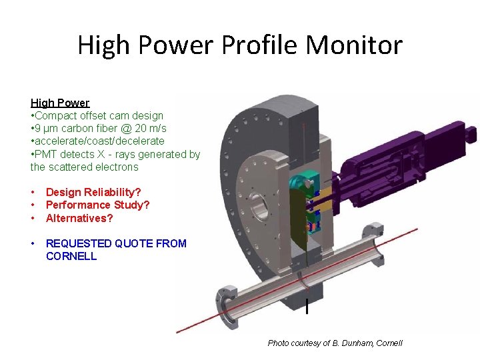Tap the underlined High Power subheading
(x=60, y=103)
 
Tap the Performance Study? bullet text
(x=97, y=205)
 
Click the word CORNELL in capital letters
(x=71, y=256)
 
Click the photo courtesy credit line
(x=335, y=343)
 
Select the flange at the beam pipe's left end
(x=226, y=309)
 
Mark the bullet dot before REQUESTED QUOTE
(x=33, y=243)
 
